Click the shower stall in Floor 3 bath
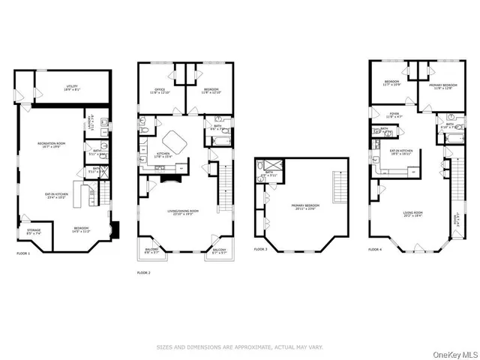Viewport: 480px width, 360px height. (x=270, y=169)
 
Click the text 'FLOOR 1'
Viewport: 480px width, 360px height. (x=22, y=253)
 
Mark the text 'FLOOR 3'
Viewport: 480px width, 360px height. (x=260, y=248)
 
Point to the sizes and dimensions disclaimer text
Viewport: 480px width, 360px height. (x=239, y=347)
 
